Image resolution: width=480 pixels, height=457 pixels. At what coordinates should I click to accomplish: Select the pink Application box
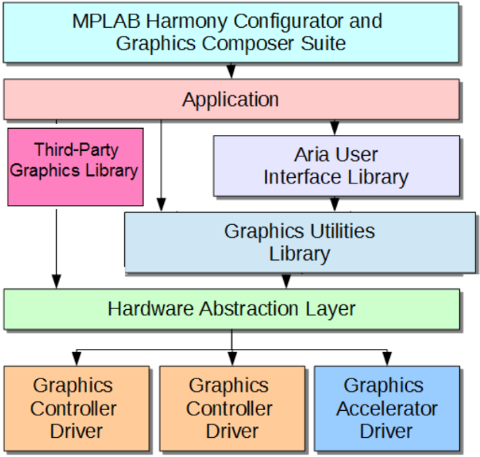point(231,99)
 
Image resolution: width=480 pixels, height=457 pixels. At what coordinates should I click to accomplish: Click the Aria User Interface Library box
point(336,166)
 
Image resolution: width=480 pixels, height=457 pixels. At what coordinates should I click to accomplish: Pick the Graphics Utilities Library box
point(300,242)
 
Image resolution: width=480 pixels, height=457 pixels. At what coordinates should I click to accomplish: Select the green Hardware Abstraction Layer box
point(231,309)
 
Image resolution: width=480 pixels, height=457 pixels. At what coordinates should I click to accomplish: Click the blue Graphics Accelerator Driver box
point(386,408)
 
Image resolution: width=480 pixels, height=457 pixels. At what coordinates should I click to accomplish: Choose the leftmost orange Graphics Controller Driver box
point(76,408)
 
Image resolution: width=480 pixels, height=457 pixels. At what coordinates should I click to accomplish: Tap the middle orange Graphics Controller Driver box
point(230,408)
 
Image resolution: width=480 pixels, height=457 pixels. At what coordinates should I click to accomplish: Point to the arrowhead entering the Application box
point(231,72)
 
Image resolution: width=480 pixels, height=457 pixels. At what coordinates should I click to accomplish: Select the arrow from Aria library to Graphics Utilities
point(334,204)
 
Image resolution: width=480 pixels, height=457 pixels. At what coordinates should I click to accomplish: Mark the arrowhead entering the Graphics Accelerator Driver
point(386,359)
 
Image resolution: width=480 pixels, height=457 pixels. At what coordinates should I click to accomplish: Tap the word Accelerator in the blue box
point(387,408)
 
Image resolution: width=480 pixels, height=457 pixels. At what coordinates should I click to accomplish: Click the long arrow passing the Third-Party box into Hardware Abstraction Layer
point(56,247)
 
